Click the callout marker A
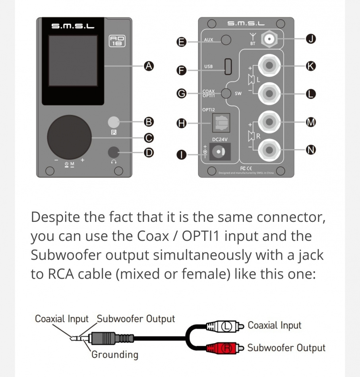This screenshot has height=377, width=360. pos(148,66)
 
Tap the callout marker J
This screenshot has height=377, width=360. pos(311,39)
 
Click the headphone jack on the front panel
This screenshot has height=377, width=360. pos(114,152)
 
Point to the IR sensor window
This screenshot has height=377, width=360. pos(114,122)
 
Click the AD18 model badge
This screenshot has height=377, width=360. pos(117,41)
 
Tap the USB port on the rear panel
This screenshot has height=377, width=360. pos(228,66)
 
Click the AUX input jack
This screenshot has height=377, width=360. pos(226,40)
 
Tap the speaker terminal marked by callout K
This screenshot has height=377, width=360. pos(269,65)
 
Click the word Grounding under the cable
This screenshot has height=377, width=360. pos(115,354)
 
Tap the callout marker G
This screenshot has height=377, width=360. pos(182,94)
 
